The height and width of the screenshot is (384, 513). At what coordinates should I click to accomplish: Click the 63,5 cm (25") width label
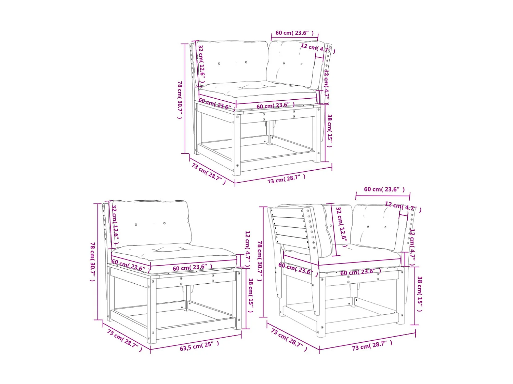(199, 346)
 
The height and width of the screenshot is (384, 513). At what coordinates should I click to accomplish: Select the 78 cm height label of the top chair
(180, 99)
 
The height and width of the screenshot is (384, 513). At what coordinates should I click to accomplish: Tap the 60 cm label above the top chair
(294, 33)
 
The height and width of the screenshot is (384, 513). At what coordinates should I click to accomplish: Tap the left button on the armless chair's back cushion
(136, 225)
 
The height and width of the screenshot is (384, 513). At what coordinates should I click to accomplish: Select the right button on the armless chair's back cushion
(165, 223)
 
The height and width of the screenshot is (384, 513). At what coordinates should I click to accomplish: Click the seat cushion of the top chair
(258, 89)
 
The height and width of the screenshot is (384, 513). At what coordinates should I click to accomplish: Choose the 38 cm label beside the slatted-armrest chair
(420, 294)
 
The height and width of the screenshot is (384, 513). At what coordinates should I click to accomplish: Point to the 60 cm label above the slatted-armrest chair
(384, 189)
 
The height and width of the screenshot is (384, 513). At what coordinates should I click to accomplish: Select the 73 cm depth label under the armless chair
(124, 340)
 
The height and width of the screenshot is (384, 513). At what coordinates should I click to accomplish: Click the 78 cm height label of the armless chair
(92, 261)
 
